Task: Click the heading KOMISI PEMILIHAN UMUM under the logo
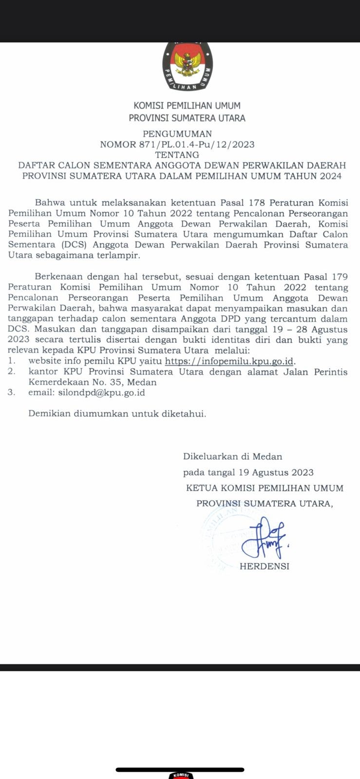coord(187,106)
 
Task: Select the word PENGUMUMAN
coord(177,134)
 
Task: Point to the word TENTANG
coord(177,155)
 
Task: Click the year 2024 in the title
coord(331,176)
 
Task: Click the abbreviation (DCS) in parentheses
coord(58,245)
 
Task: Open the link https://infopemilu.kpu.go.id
coord(229,361)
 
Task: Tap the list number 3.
coord(11,392)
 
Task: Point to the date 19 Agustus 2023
coord(276,472)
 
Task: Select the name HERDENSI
coord(264,566)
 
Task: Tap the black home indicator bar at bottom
coord(180,770)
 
